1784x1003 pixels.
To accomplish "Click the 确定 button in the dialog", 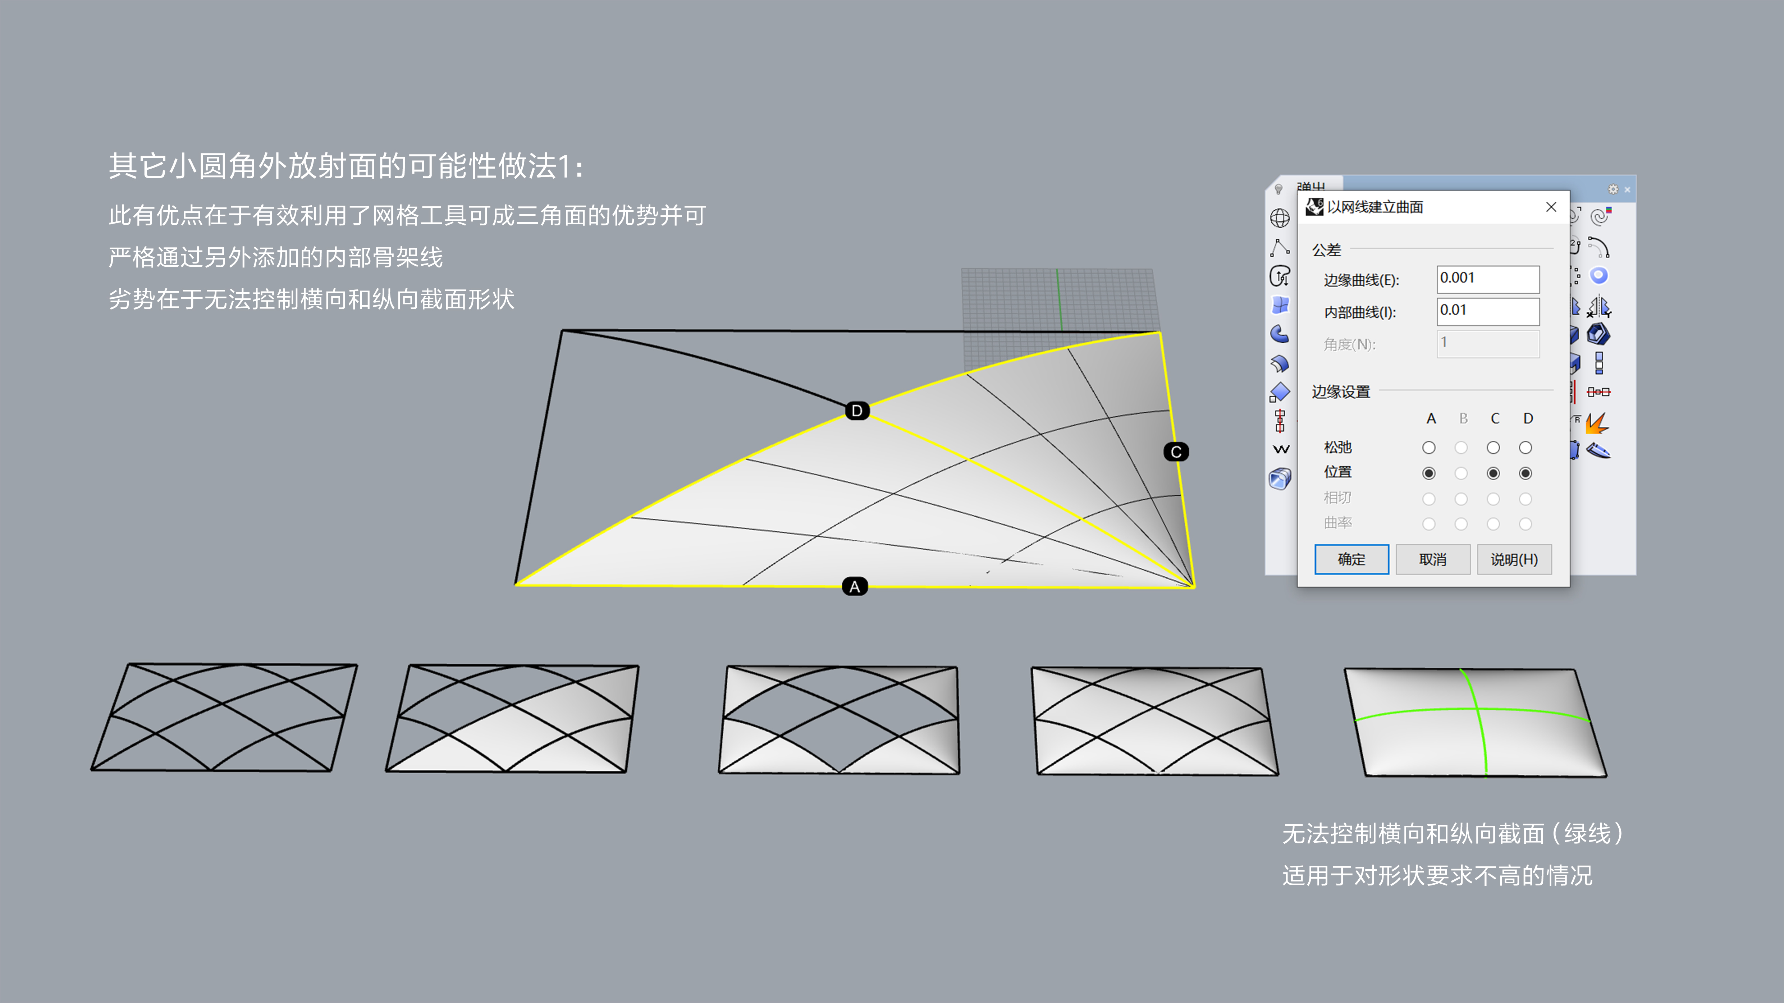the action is click(1351, 559).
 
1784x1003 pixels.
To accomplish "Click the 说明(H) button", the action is click(1514, 559).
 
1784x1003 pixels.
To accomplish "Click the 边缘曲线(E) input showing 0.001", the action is click(1488, 279).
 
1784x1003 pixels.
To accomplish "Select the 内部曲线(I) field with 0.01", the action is click(1488, 311).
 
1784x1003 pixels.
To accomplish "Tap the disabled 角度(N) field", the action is click(1488, 343).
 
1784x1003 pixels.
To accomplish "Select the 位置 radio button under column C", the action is click(1493, 473).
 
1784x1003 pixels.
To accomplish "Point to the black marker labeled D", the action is click(857, 411).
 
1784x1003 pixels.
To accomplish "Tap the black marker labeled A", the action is click(855, 587).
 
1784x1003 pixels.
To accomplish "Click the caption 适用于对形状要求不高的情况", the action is click(1437, 875).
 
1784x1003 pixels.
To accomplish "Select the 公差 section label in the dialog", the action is click(1326, 249).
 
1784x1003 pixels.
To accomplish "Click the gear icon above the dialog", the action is click(1613, 189).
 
